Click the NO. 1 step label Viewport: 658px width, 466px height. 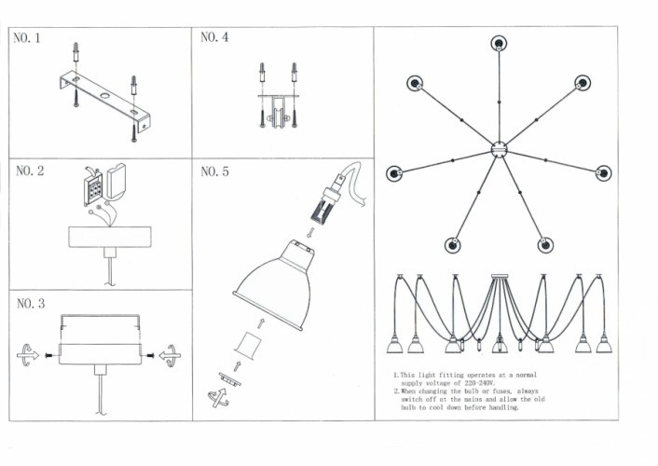point(26,40)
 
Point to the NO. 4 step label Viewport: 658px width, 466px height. point(214,38)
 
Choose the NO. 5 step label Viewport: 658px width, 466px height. point(215,172)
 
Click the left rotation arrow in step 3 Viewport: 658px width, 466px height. point(29,353)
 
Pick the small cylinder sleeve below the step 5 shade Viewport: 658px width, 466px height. point(245,344)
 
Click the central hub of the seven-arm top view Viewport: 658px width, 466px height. point(500,149)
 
